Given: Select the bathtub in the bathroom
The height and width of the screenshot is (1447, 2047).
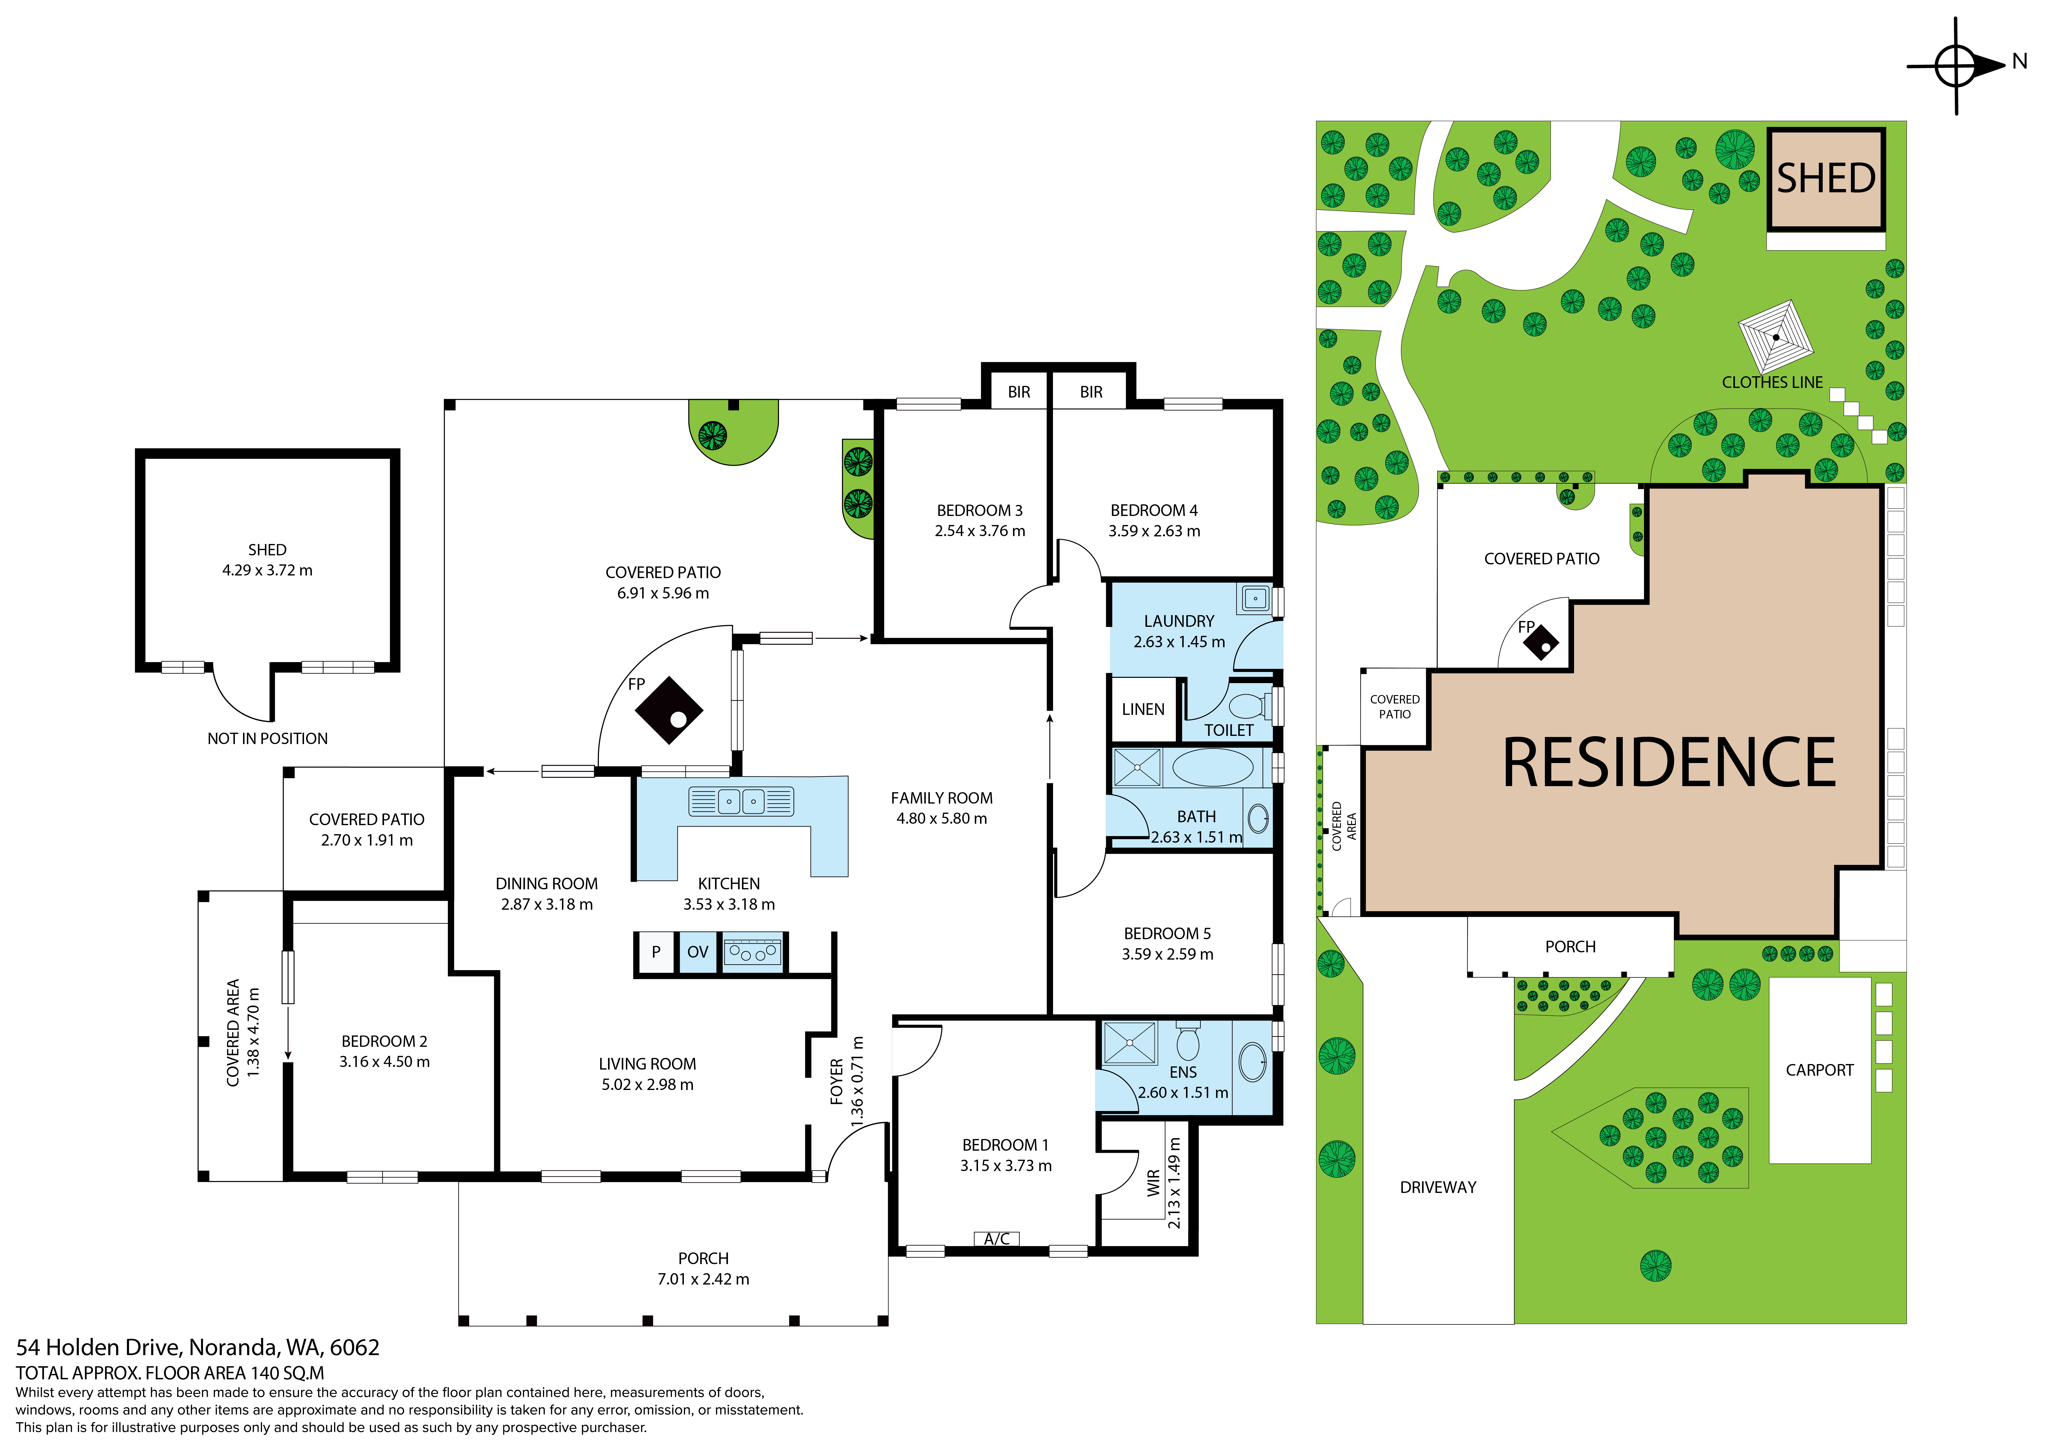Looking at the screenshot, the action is click(1213, 767).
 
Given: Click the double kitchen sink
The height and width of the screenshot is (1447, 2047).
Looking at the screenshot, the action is click(741, 801).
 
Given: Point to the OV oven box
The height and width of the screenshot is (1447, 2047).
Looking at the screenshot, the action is click(697, 952).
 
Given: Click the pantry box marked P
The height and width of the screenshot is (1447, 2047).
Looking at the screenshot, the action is click(656, 952).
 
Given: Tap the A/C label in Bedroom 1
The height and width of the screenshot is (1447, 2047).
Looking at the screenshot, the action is click(997, 1238).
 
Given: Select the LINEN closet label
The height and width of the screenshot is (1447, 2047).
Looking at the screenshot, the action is click(1143, 710).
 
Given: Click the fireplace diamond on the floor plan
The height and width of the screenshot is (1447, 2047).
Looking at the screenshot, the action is click(669, 711).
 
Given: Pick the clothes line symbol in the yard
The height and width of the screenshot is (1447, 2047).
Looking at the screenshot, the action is click(1776, 337).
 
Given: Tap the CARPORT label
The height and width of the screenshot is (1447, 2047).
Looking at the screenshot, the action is click(1820, 1070).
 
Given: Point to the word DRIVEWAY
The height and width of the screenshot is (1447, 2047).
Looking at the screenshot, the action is click(1438, 1188).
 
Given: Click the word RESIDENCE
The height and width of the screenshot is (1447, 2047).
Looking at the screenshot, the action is click(1669, 763).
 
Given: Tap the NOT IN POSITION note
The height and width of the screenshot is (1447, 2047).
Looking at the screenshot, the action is click(268, 738).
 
